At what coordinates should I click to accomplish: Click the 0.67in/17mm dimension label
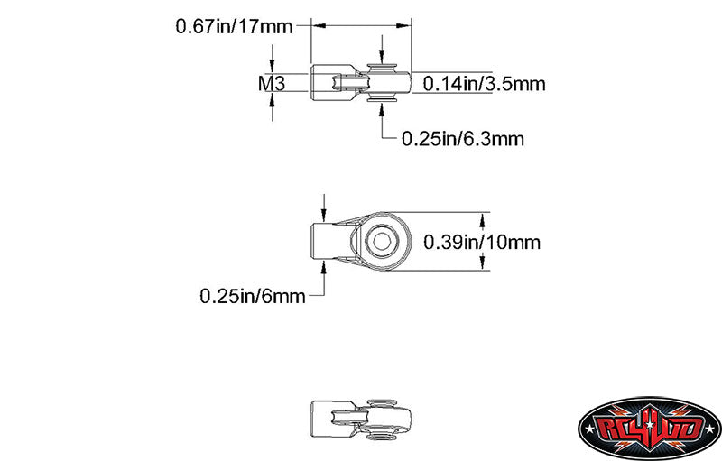[234, 26]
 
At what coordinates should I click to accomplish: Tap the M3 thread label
[272, 84]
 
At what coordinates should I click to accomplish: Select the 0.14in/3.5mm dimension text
[484, 84]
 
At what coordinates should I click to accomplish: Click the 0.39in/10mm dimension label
[481, 242]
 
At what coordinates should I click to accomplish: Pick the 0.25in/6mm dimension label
[252, 295]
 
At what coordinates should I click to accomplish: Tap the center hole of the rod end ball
[383, 241]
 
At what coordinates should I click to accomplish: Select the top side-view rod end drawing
[362, 83]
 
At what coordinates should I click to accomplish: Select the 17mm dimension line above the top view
[362, 26]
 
